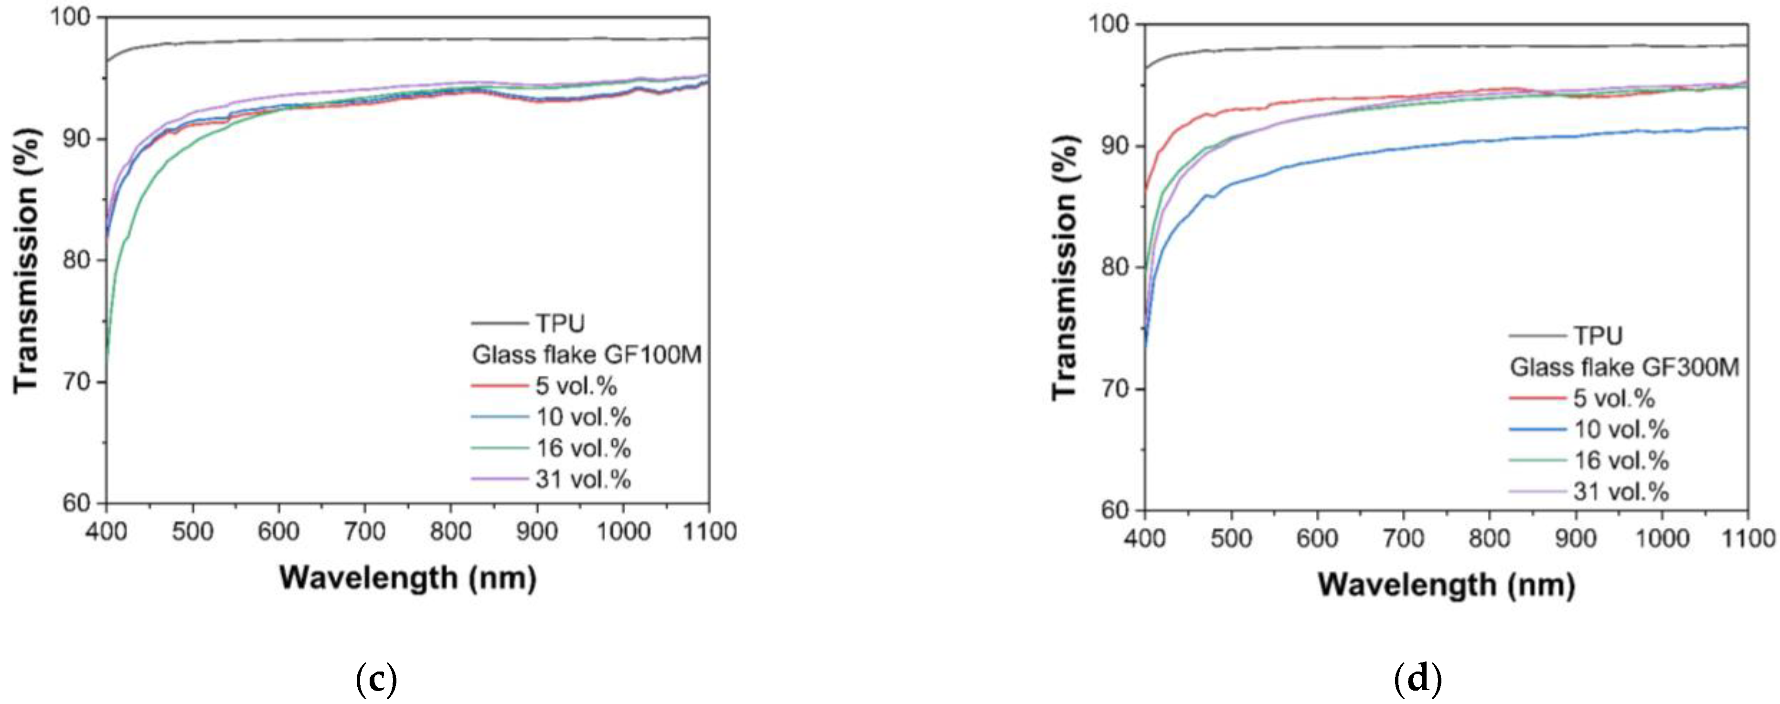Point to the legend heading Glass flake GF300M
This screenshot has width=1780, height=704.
click(x=1624, y=367)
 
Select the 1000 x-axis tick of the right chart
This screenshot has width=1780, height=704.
click(x=1662, y=538)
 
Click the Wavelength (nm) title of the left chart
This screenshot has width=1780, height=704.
click(x=408, y=577)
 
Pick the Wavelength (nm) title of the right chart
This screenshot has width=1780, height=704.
click(x=1446, y=585)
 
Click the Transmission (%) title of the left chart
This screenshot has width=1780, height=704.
click(x=26, y=260)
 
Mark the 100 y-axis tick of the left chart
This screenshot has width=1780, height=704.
click(x=72, y=17)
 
